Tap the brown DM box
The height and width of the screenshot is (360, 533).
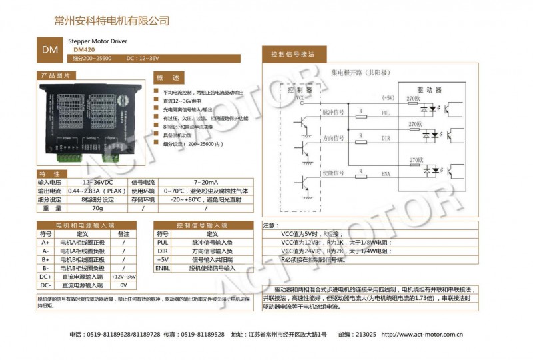point(50,50)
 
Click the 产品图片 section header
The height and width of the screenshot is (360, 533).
point(56,75)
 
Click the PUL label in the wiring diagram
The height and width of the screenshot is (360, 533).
point(386,113)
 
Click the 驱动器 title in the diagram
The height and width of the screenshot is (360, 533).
point(429,89)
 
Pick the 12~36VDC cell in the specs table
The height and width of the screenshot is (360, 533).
point(97,182)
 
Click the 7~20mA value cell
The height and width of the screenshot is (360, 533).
point(205,182)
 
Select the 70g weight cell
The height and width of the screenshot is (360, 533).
point(97,208)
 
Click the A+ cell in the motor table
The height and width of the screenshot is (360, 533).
point(46,243)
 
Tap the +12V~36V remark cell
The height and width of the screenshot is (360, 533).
point(123,276)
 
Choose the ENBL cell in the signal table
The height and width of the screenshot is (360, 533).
point(163,268)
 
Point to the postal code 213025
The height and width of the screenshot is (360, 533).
point(366,335)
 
